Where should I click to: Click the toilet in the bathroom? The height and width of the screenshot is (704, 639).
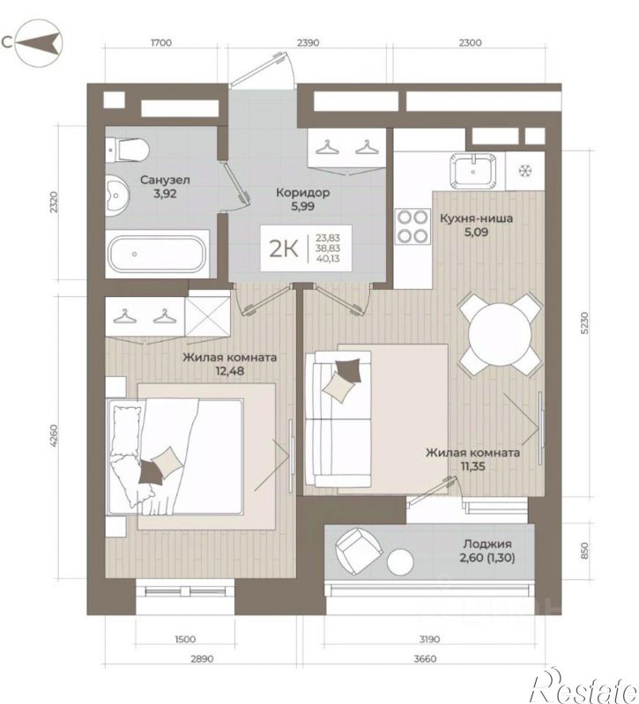[127, 151]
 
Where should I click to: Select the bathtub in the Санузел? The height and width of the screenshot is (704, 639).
[158, 254]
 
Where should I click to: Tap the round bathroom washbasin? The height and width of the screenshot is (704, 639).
[116, 196]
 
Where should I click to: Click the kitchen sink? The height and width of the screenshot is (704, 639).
[472, 171]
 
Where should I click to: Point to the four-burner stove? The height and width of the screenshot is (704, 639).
[412, 226]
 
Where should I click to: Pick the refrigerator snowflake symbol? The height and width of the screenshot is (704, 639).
[524, 171]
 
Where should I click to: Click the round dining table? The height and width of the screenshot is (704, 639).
[500, 334]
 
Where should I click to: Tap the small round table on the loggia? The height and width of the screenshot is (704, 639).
[400, 561]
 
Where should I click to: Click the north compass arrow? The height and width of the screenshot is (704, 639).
[38, 43]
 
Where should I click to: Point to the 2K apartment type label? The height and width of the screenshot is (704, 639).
[284, 248]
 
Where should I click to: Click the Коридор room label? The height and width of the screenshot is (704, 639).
[302, 193]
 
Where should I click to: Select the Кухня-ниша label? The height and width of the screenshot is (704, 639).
[476, 219]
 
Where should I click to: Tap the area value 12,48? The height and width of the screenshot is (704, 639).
[229, 371]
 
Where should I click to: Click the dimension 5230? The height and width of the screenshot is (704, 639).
[583, 323]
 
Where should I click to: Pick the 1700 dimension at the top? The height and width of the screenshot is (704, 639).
[161, 42]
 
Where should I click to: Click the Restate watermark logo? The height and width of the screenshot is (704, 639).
[583, 687]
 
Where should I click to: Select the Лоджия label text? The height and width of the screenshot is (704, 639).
[487, 544]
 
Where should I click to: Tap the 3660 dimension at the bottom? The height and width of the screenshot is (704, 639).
[425, 659]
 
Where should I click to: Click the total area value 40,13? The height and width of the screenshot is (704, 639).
[327, 259]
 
